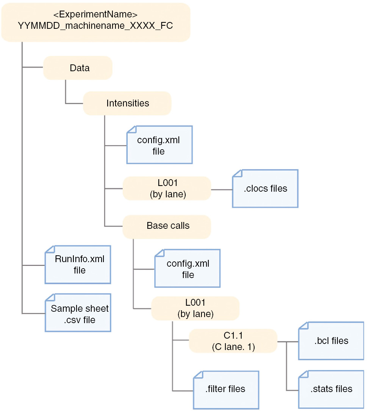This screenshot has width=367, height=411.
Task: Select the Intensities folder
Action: pyautogui.click(x=127, y=103)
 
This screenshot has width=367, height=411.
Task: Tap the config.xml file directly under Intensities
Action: pyautogui.click(x=159, y=145)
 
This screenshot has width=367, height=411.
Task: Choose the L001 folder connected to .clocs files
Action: pyautogui.click(x=166, y=188)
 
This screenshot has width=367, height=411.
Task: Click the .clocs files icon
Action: pyautogui.click(x=265, y=189)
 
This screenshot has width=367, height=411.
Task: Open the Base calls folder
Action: pyautogui.click(x=166, y=226)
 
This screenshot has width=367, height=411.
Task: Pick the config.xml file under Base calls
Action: pyautogui.click(x=187, y=269)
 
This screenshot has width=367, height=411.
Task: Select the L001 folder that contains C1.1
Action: pyautogui.click(x=195, y=308)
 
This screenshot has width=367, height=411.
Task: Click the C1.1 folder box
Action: pyautogui.click(x=233, y=341)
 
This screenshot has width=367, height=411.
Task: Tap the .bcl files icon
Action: pyautogui.click(x=331, y=341)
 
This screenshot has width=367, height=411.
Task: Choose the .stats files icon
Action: pyautogui.click(x=331, y=389)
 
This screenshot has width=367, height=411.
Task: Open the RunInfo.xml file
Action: pyautogui.click(x=78, y=264)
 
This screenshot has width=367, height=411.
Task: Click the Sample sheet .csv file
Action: pyautogui.click(x=78, y=313)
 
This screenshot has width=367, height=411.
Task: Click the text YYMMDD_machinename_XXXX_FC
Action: pyautogui.click(x=95, y=26)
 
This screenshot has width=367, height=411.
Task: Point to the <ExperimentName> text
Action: pyautogui.click(x=95, y=15)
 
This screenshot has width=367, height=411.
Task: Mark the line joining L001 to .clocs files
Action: pyautogui.click(x=222, y=189)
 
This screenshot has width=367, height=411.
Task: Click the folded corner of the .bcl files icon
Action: pyautogui.click(x=303, y=326)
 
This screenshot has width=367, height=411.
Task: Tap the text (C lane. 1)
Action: pyautogui.click(x=233, y=346)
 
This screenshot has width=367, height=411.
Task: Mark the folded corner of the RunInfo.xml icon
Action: pyautogui.click(x=50, y=250)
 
